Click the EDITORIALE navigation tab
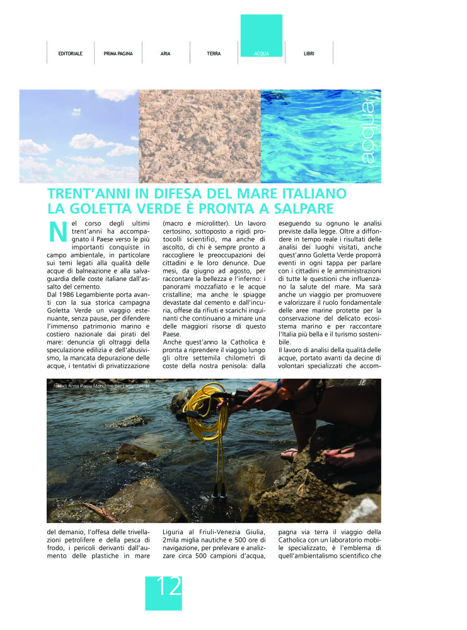pos(70,54)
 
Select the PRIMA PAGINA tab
pos(118,54)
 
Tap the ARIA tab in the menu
pos(165,54)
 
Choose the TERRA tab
pos(214,54)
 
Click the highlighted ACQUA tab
pos(261,54)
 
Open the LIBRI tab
pos(309,54)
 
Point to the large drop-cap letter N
pos(57,232)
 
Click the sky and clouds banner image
pos(79,136)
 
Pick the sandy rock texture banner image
pos(199,136)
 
